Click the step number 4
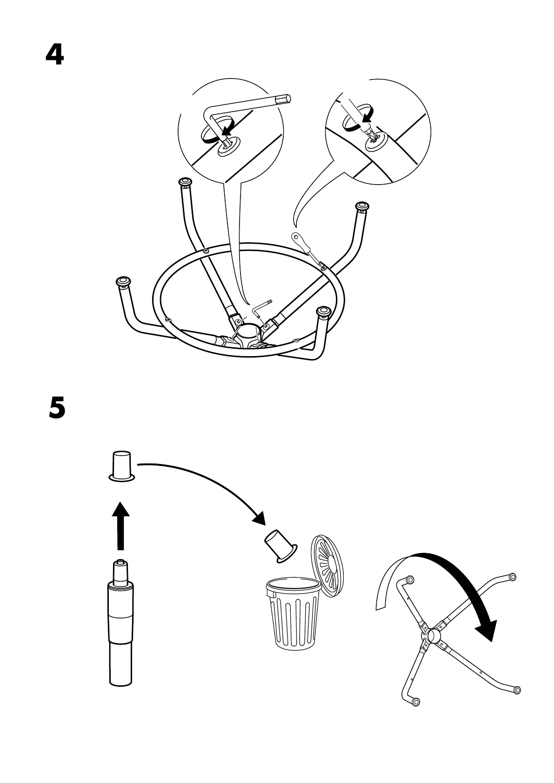(54, 55)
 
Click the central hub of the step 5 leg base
(433, 636)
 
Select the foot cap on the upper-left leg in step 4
(185, 181)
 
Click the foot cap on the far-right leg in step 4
(361, 206)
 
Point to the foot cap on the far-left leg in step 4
(123, 281)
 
